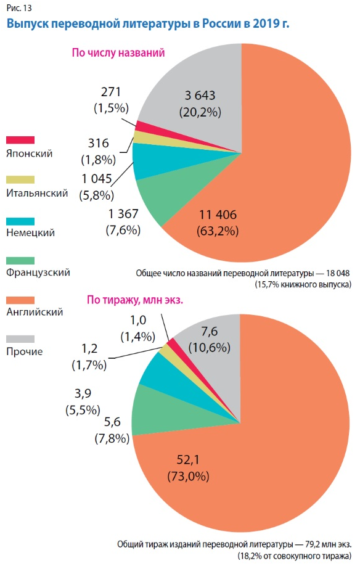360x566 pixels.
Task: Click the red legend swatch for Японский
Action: (x=20, y=140)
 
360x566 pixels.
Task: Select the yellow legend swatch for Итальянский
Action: (x=20, y=180)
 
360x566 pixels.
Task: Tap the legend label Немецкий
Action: (x=31, y=232)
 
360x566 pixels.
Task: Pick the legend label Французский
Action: (x=38, y=273)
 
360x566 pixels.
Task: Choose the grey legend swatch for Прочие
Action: (x=20, y=339)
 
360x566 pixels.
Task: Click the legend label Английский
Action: (x=35, y=312)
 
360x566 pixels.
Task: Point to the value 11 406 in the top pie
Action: (x=218, y=215)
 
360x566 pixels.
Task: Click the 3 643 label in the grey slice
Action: (x=200, y=96)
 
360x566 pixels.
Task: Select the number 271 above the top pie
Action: (x=111, y=92)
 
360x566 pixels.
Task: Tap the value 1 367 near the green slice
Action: (x=123, y=214)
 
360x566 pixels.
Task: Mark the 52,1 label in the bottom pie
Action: (x=188, y=460)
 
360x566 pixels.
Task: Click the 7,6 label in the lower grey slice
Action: (x=210, y=331)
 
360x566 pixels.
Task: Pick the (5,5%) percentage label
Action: (x=83, y=410)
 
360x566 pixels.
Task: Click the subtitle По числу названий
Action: (x=118, y=52)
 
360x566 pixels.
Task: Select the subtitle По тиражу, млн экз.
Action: (x=135, y=300)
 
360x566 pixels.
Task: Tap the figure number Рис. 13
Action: (x=19, y=7)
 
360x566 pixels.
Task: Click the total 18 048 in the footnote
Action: (x=338, y=273)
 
